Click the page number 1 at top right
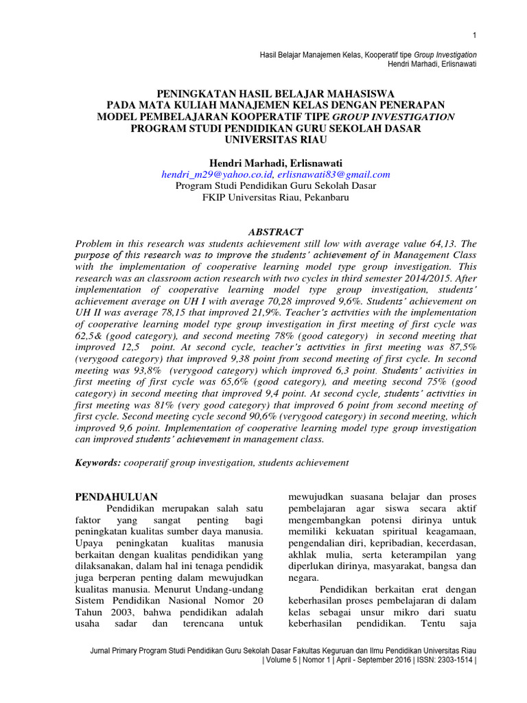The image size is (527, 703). (474, 36)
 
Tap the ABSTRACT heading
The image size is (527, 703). (263, 231)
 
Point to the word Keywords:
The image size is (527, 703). (97, 463)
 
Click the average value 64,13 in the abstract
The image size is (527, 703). (436, 243)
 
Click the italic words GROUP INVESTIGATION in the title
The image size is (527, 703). (409, 116)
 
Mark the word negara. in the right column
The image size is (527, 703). (301, 577)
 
